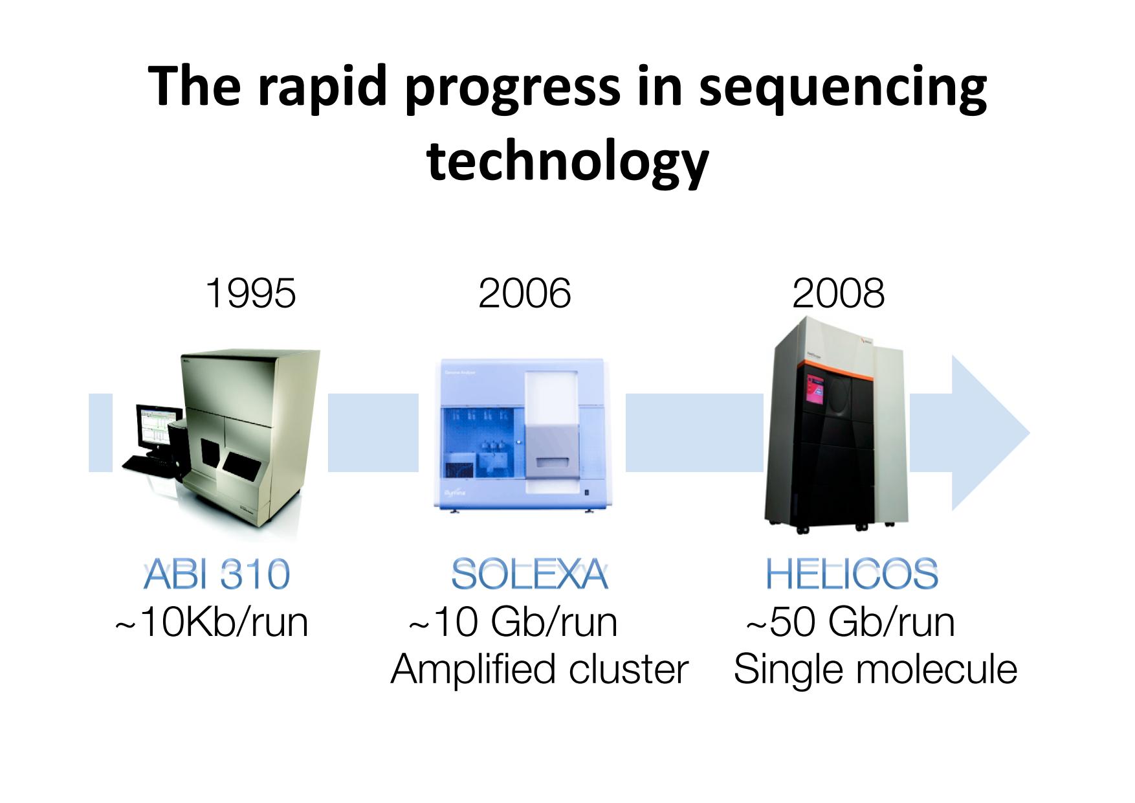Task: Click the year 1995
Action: click(250, 293)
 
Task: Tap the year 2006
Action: click(525, 293)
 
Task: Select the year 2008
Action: click(838, 293)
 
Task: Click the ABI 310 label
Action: click(216, 574)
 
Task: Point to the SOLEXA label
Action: click(529, 574)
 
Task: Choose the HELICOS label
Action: click(852, 574)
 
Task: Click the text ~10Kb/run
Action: click(211, 622)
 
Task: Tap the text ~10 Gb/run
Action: click(512, 622)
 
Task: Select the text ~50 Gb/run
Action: click(850, 622)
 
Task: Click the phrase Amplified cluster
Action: click(539, 669)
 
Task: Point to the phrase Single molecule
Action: click(876, 670)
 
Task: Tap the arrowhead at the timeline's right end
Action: click(990, 433)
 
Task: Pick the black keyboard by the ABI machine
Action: click(146, 464)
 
